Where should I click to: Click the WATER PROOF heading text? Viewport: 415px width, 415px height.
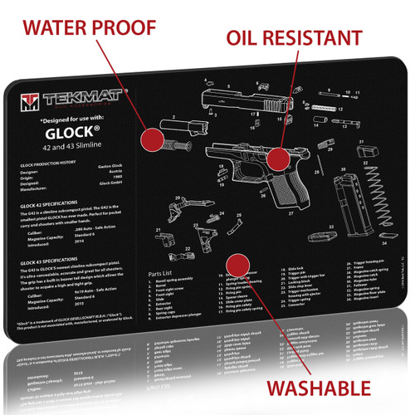coord(90,27)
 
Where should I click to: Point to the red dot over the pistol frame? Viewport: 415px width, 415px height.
coord(278,158)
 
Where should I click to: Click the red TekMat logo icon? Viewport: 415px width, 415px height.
coord(32,101)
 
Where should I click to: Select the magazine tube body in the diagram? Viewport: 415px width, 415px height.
coord(344,204)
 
